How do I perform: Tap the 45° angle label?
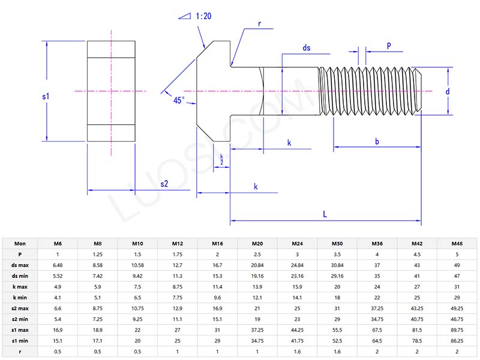179,101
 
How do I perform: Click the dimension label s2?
164,184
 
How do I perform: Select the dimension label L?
325,214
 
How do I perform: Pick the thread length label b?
377,142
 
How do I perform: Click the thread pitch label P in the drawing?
389,46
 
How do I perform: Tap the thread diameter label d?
447,91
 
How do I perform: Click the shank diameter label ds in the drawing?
307,47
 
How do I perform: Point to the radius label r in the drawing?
259,24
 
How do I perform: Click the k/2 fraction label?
221,159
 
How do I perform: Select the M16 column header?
217,244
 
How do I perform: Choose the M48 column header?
457,244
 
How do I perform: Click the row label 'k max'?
20,287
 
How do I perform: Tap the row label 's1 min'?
20,341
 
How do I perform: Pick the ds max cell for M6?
58,265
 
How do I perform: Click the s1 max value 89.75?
457,330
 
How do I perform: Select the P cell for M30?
337,254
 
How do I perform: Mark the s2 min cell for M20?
257,319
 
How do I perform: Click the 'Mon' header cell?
20,244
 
